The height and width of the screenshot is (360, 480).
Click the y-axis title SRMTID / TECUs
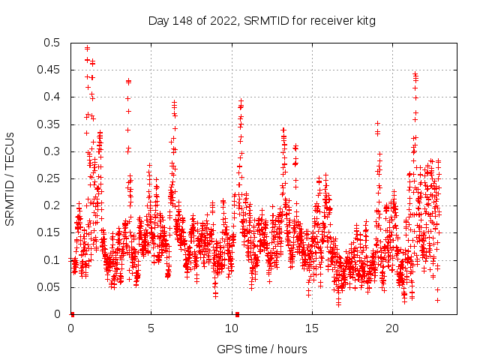10,178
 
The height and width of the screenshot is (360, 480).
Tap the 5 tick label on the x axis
151,328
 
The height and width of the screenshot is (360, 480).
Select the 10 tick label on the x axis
231,328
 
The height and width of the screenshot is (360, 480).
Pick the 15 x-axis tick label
311,328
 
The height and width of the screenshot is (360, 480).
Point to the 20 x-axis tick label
391,328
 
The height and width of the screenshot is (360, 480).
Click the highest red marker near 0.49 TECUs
87,48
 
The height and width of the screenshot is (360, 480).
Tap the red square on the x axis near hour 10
237,314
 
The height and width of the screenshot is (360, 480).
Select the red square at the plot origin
71,314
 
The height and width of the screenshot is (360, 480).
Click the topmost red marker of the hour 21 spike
415,74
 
